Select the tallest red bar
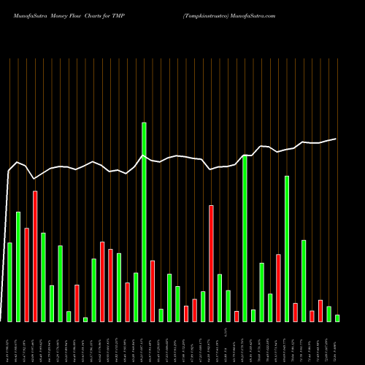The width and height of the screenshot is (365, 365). pyautogui.click(x=35, y=256)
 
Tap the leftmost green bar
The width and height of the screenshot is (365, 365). pyautogui.click(x=9, y=282)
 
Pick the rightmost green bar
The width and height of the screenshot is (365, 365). pyautogui.click(x=337, y=318)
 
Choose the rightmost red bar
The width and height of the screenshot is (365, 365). pyautogui.click(x=320, y=310)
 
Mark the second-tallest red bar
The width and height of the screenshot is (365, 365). pyautogui.click(x=211, y=264)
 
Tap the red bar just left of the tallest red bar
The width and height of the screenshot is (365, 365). pyautogui.click(x=26, y=274)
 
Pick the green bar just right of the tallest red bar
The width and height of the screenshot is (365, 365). pyautogui.click(x=43, y=277)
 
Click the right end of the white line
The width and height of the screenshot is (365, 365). pyautogui.click(x=337, y=139)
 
